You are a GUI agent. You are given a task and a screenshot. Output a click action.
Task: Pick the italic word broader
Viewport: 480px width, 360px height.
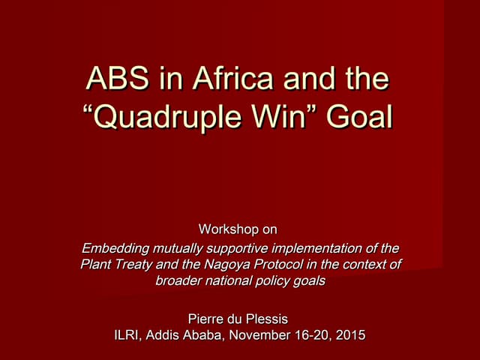click(179, 280)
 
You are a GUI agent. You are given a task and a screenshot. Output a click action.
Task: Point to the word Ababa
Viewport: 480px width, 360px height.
click(205, 334)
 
